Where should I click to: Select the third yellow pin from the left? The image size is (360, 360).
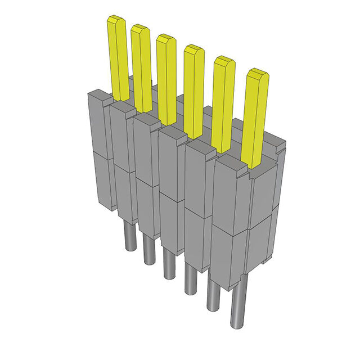[166, 79]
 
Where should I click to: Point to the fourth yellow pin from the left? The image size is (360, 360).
[193, 90]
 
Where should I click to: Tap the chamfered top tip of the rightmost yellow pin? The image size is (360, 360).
[258, 73]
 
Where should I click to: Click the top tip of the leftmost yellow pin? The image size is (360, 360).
[116, 20]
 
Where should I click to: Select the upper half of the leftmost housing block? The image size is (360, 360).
[100, 124]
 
